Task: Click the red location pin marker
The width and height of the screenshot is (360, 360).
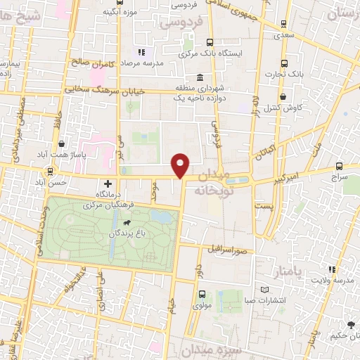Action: [181, 163]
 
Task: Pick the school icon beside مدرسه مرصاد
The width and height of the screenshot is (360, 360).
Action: [141, 52]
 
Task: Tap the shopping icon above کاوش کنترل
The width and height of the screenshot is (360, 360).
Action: [283, 97]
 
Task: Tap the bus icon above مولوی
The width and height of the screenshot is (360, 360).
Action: [202, 295]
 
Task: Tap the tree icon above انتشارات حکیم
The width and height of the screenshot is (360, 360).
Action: [350, 324]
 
